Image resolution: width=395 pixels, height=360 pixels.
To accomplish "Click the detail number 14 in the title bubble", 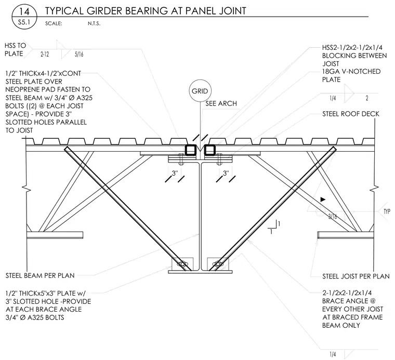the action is point(24,11).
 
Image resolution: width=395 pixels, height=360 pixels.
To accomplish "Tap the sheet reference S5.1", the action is point(24,22).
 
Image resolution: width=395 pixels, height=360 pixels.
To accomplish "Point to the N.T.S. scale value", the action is point(94,24).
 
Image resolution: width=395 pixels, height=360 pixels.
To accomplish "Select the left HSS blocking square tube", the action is point(191,150).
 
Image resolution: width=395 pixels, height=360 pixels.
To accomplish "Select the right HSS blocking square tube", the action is point(209,150).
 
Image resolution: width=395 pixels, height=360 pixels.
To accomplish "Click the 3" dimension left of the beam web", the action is point(175,173).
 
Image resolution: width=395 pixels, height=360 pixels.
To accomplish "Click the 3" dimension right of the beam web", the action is point(226,173).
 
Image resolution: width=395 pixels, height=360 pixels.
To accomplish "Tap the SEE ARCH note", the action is point(221,103).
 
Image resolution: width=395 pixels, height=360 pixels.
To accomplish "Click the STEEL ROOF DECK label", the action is point(351,114).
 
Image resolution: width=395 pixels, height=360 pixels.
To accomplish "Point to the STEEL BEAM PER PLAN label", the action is point(40,275).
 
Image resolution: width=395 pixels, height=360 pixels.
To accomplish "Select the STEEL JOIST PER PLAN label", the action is point(356,276).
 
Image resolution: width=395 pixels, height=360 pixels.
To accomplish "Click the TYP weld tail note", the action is point(387,211).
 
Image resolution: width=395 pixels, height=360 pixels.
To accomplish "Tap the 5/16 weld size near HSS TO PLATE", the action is point(79,54).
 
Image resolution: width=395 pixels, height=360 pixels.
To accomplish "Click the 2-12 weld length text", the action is point(45,54).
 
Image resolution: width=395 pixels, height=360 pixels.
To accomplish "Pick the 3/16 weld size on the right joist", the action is point(333,216).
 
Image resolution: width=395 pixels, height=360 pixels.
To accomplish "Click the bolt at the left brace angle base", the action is point(182,264).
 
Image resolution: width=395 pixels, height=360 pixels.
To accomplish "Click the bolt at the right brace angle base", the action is point(218,264).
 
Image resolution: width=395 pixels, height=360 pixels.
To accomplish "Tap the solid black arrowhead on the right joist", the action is point(323,199).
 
